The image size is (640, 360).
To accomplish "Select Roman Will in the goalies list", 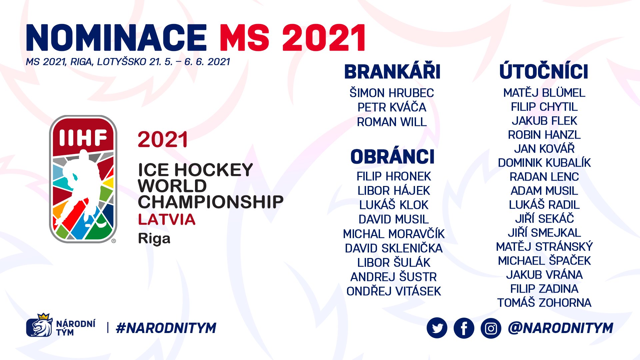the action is pyautogui.click(x=392, y=122).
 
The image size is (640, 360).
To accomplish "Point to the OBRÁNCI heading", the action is pyautogui.click(x=392, y=157).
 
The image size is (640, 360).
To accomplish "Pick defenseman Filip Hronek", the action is pyautogui.click(x=394, y=176).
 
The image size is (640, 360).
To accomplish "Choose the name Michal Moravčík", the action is pyautogui.click(x=394, y=234).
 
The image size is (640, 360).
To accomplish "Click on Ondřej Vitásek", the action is pyautogui.click(x=394, y=291).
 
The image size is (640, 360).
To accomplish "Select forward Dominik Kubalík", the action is pyautogui.click(x=544, y=163).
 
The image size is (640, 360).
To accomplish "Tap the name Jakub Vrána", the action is pyautogui.click(x=544, y=274).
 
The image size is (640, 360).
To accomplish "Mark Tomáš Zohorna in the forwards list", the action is pyautogui.click(x=544, y=302).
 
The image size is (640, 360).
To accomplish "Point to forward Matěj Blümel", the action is pyautogui.click(x=544, y=92).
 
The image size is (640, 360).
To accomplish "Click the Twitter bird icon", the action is pyautogui.click(x=437, y=328).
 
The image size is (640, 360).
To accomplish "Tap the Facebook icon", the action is pyautogui.click(x=464, y=328).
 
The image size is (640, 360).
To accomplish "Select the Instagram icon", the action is pyautogui.click(x=491, y=328).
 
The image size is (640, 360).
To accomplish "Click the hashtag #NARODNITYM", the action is pyautogui.click(x=166, y=328).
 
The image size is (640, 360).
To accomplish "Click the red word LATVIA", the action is pyautogui.click(x=167, y=219).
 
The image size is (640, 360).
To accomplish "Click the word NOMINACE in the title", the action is pyautogui.click(x=116, y=38).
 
